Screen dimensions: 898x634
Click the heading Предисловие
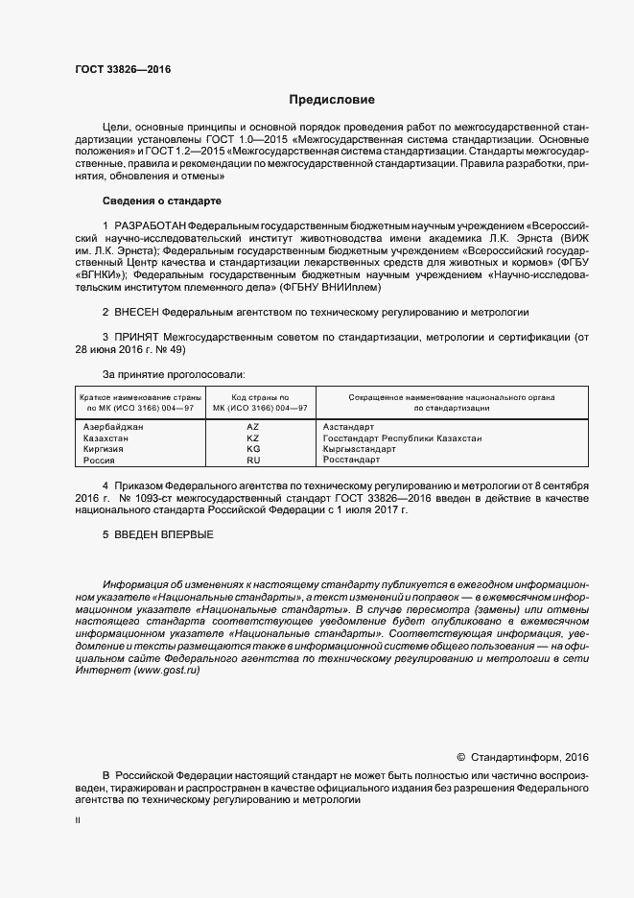click(x=332, y=100)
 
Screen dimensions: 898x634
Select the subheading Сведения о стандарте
click(x=161, y=201)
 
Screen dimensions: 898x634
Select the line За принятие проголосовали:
click(x=173, y=374)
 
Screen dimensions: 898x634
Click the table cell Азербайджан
click(x=114, y=426)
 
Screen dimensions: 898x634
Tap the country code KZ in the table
click(x=253, y=437)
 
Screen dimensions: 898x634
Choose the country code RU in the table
click(x=253, y=461)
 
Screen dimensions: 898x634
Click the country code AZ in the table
click(x=253, y=426)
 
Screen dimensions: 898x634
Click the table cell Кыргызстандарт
click(x=360, y=449)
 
